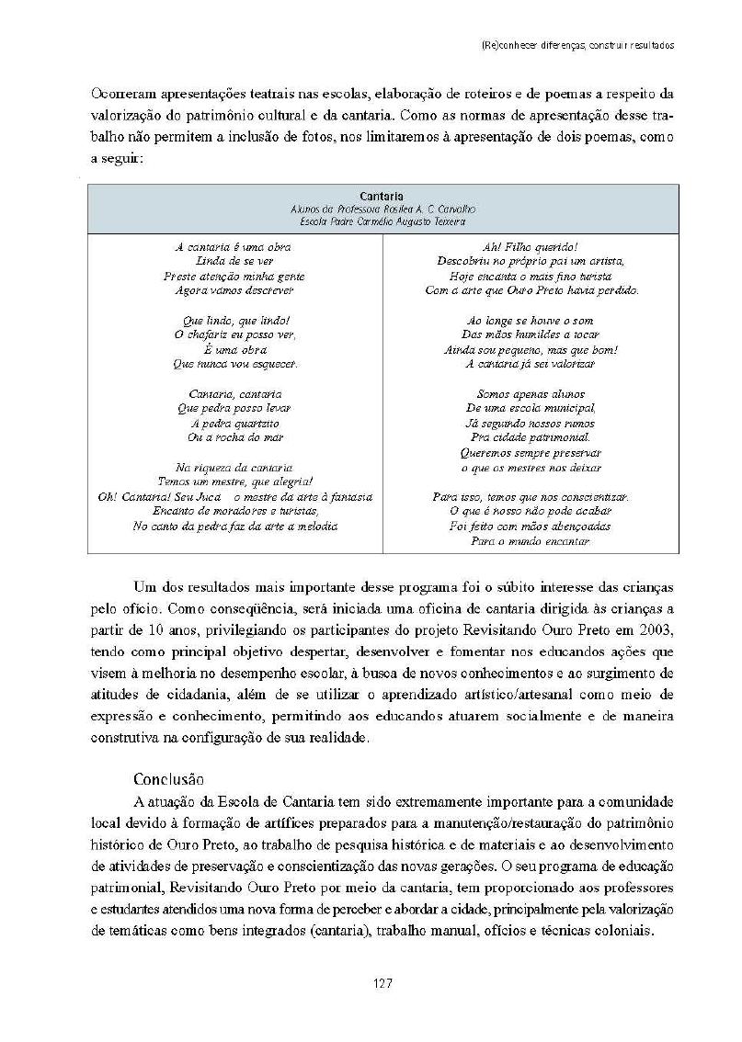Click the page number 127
click(x=383, y=983)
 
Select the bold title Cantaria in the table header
click(x=382, y=196)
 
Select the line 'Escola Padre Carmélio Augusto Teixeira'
click(x=382, y=221)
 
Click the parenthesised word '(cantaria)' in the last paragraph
click(x=327, y=929)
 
